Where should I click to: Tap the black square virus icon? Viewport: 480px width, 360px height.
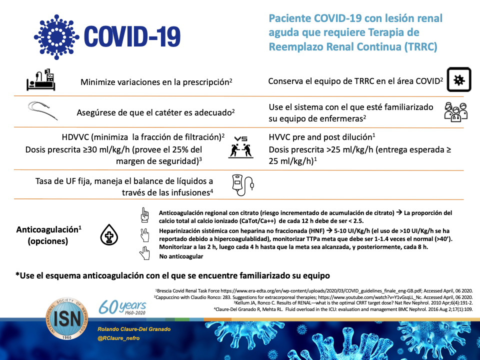point(459,80)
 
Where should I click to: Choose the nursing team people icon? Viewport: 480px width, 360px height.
point(455,112)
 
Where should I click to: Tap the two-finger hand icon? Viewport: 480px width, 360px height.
point(145,234)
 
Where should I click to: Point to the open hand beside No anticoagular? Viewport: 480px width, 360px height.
point(145,253)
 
